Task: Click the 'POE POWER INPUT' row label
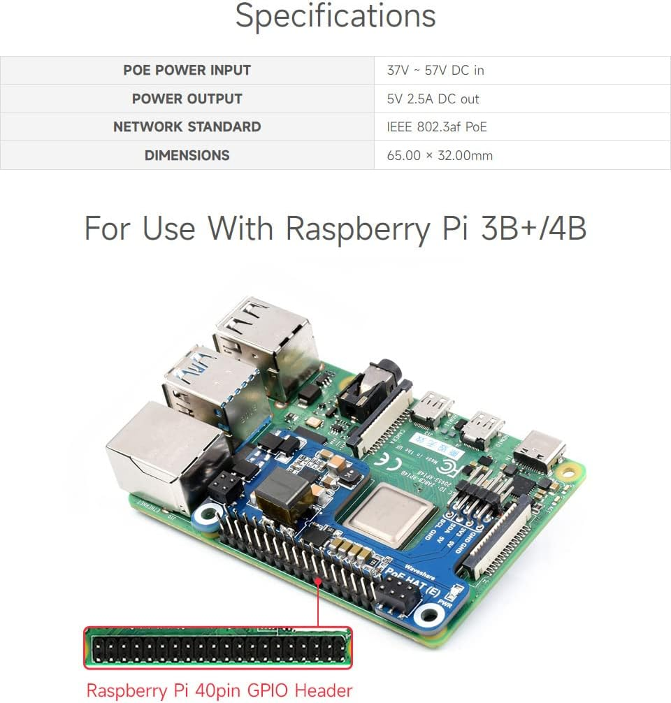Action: [x=187, y=70]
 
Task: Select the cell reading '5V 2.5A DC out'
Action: [x=433, y=99]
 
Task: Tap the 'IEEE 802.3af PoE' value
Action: [x=436, y=126]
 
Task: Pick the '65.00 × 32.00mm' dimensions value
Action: [x=439, y=155]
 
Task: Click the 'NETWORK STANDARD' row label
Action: [x=187, y=126]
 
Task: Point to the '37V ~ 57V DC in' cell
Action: [x=435, y=70]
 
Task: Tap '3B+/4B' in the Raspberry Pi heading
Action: [x=533, y=228]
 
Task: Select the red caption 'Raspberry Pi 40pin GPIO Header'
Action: [x=219, y=690]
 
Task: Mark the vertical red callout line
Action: [x=319, y=601]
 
